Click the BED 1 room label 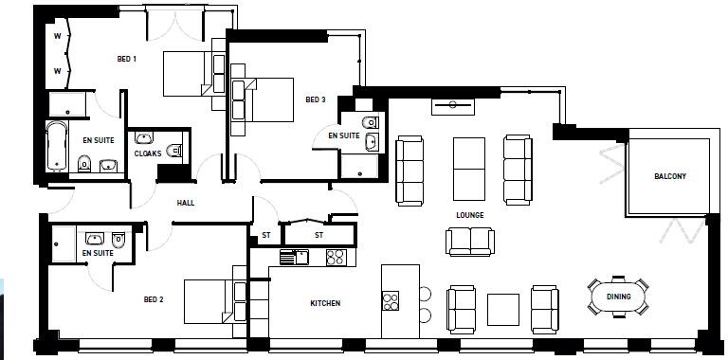click(127, 59)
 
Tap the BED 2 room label click(154, 299)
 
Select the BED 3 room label click(316, 99)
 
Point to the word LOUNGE click(470, 215)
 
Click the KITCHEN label click(325, 303)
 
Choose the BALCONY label click(669, 177)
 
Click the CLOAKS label click(148, 153)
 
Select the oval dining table click(618, 297)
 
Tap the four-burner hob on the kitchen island click(391, 301)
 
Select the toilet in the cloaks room click(173, 150)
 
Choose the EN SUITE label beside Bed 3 click(343, 136)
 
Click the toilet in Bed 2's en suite click(118, 239)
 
